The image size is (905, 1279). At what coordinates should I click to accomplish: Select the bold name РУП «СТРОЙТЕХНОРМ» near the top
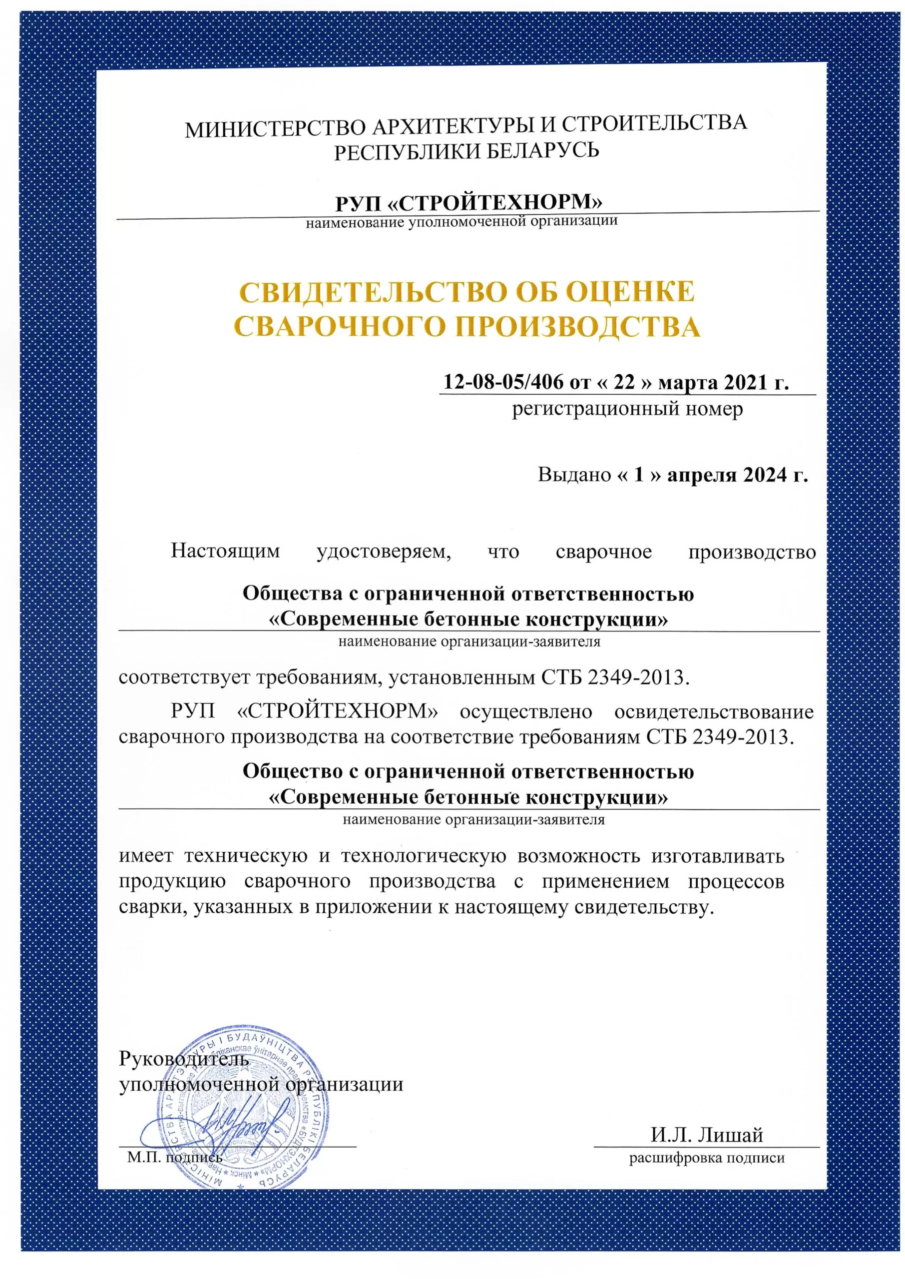[468, 202]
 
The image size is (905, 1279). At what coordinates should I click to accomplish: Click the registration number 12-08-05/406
[502, 382]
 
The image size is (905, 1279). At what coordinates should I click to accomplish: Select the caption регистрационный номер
[627, 409]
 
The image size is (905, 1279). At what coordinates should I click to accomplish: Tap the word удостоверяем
[384, 552]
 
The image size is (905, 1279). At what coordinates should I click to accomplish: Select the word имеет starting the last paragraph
[146, 855]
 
